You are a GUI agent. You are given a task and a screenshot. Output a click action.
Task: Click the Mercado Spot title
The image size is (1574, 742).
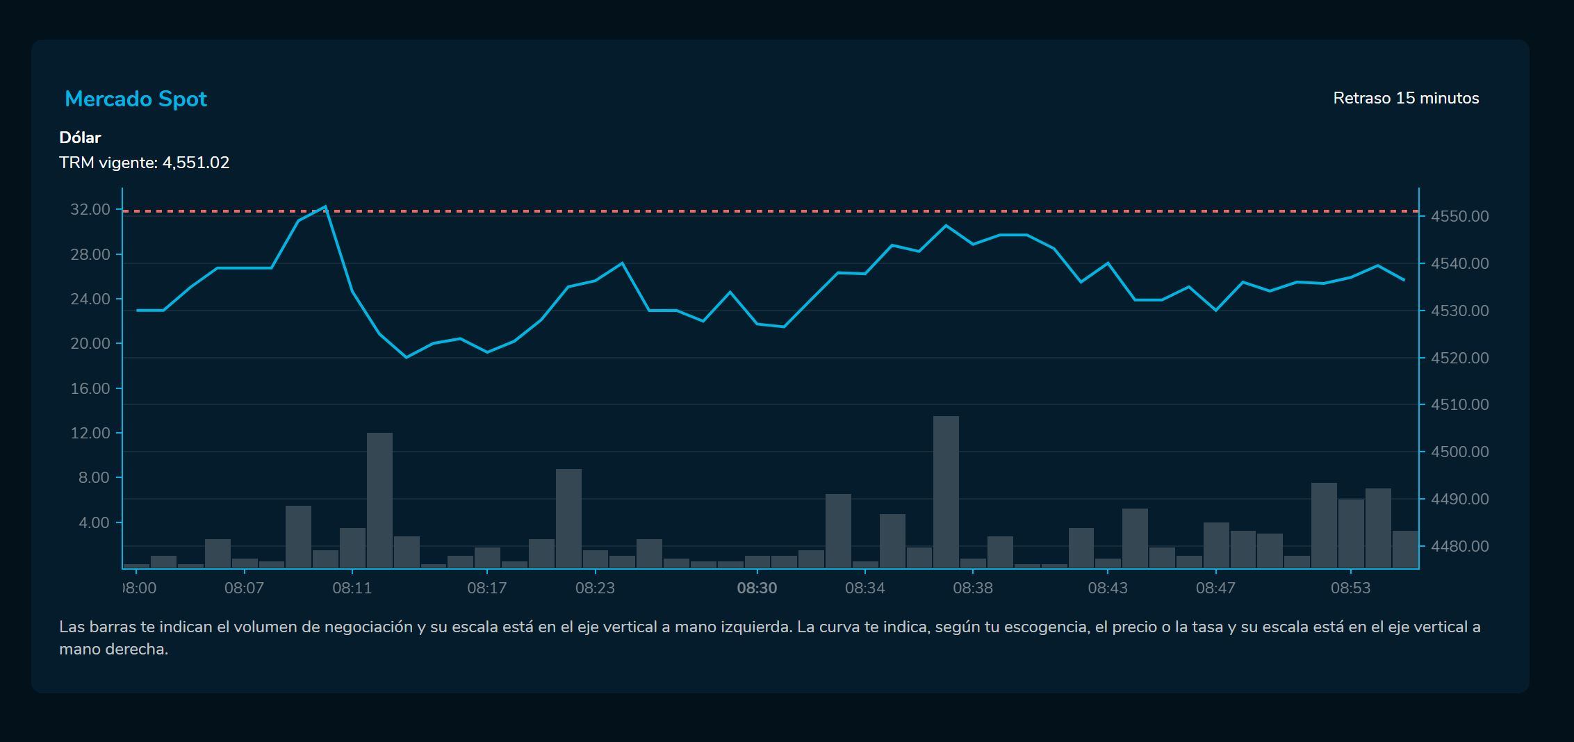tap(136, 99)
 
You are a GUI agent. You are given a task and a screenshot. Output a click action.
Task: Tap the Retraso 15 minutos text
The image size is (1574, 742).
tap(1405, 99)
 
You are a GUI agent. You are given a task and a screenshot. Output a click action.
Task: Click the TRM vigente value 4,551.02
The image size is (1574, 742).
tap(195, 163)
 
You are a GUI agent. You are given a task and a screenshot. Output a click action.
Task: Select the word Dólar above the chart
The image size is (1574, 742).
tap(80, 138)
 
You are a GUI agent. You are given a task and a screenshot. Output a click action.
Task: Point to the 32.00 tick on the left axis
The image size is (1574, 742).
tap(90, 209)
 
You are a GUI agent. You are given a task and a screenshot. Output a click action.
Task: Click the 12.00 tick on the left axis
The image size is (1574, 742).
tap(90, 433)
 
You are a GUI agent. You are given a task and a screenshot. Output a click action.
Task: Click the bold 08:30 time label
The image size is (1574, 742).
tap(757, 588)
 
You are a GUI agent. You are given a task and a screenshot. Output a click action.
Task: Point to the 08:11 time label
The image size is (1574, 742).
tap(352, 588)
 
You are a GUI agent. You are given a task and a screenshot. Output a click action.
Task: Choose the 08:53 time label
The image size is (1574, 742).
tap(1350, 588)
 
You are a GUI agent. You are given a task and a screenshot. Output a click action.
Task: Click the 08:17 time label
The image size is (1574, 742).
tap(486, 588)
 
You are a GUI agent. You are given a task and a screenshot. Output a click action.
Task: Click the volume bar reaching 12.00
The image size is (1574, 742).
tap(379, 500)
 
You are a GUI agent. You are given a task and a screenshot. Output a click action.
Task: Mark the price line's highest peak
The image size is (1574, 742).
tap(325, 206)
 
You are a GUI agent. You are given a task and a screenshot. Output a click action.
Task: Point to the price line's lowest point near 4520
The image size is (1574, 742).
tap(406, 357)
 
